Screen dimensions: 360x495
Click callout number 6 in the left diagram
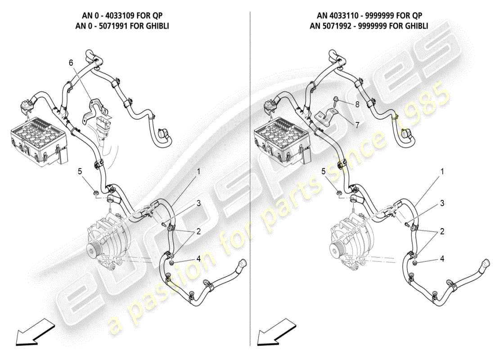71,63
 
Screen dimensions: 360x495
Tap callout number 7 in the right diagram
357,125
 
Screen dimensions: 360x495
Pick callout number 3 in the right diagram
442,203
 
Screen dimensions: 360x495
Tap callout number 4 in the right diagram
442,259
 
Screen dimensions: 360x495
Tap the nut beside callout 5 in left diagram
95,193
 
